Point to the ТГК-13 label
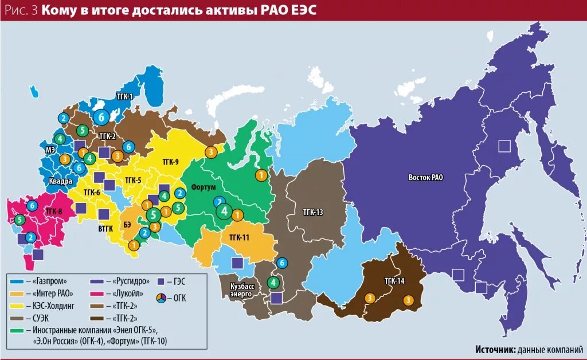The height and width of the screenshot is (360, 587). click(x=313, y=212)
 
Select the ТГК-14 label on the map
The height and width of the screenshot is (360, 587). click(x=395, y=280)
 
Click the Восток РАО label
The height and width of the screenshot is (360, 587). click(x=425, y=177)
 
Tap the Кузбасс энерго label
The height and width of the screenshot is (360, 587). click(x=241, y=289)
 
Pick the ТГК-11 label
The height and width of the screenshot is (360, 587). click(x=239, y=236)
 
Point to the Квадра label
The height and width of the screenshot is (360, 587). click(x=60, y=181)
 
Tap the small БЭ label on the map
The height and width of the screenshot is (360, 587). click(x=127, y=224)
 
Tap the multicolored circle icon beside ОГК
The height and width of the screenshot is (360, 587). click(x=163, y=298)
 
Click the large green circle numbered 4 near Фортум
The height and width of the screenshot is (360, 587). click(x=225, y=212)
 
